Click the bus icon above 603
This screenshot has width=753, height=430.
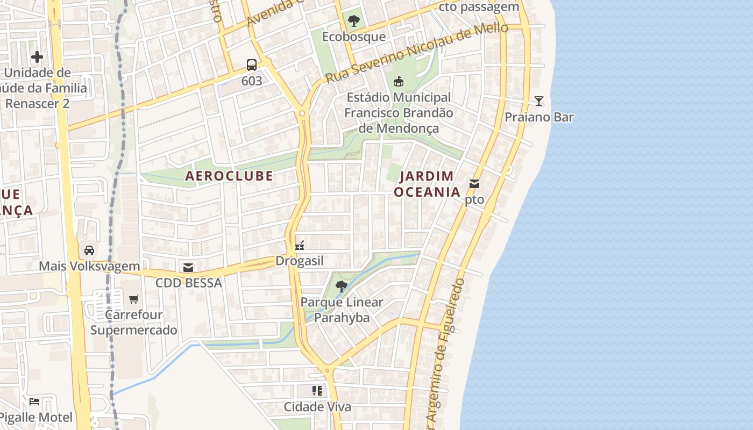click(x=251, y=65)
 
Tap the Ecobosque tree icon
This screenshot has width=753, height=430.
click(x=354, y=21)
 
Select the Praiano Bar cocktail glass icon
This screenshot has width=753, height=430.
click(x=538, y=101)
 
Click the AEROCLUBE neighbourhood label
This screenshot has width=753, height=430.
click(x=229, y=176)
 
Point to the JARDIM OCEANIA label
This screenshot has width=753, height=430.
click(x=427, y=184)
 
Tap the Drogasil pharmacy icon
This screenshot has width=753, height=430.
click(x=300, y=246)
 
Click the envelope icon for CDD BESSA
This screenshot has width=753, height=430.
click(x=188, y=267)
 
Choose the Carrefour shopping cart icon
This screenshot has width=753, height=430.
click(x=134, y=299)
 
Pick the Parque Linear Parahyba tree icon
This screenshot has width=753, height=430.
click(x=341, y=286)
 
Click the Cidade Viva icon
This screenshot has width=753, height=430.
click(x=317, y=391)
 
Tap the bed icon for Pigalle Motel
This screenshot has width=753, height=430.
click(x=34, y=401)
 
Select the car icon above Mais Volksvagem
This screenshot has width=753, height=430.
click(x=89, y=250)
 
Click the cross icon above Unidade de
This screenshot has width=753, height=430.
click(x=37, y=56)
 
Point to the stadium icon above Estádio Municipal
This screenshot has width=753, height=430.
click(x=399, y=82)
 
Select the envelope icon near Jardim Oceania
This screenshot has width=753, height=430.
click(x=474, y=184)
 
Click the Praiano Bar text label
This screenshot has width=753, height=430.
click(x=539, y=117)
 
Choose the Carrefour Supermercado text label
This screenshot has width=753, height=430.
click(x=133, y=322)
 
